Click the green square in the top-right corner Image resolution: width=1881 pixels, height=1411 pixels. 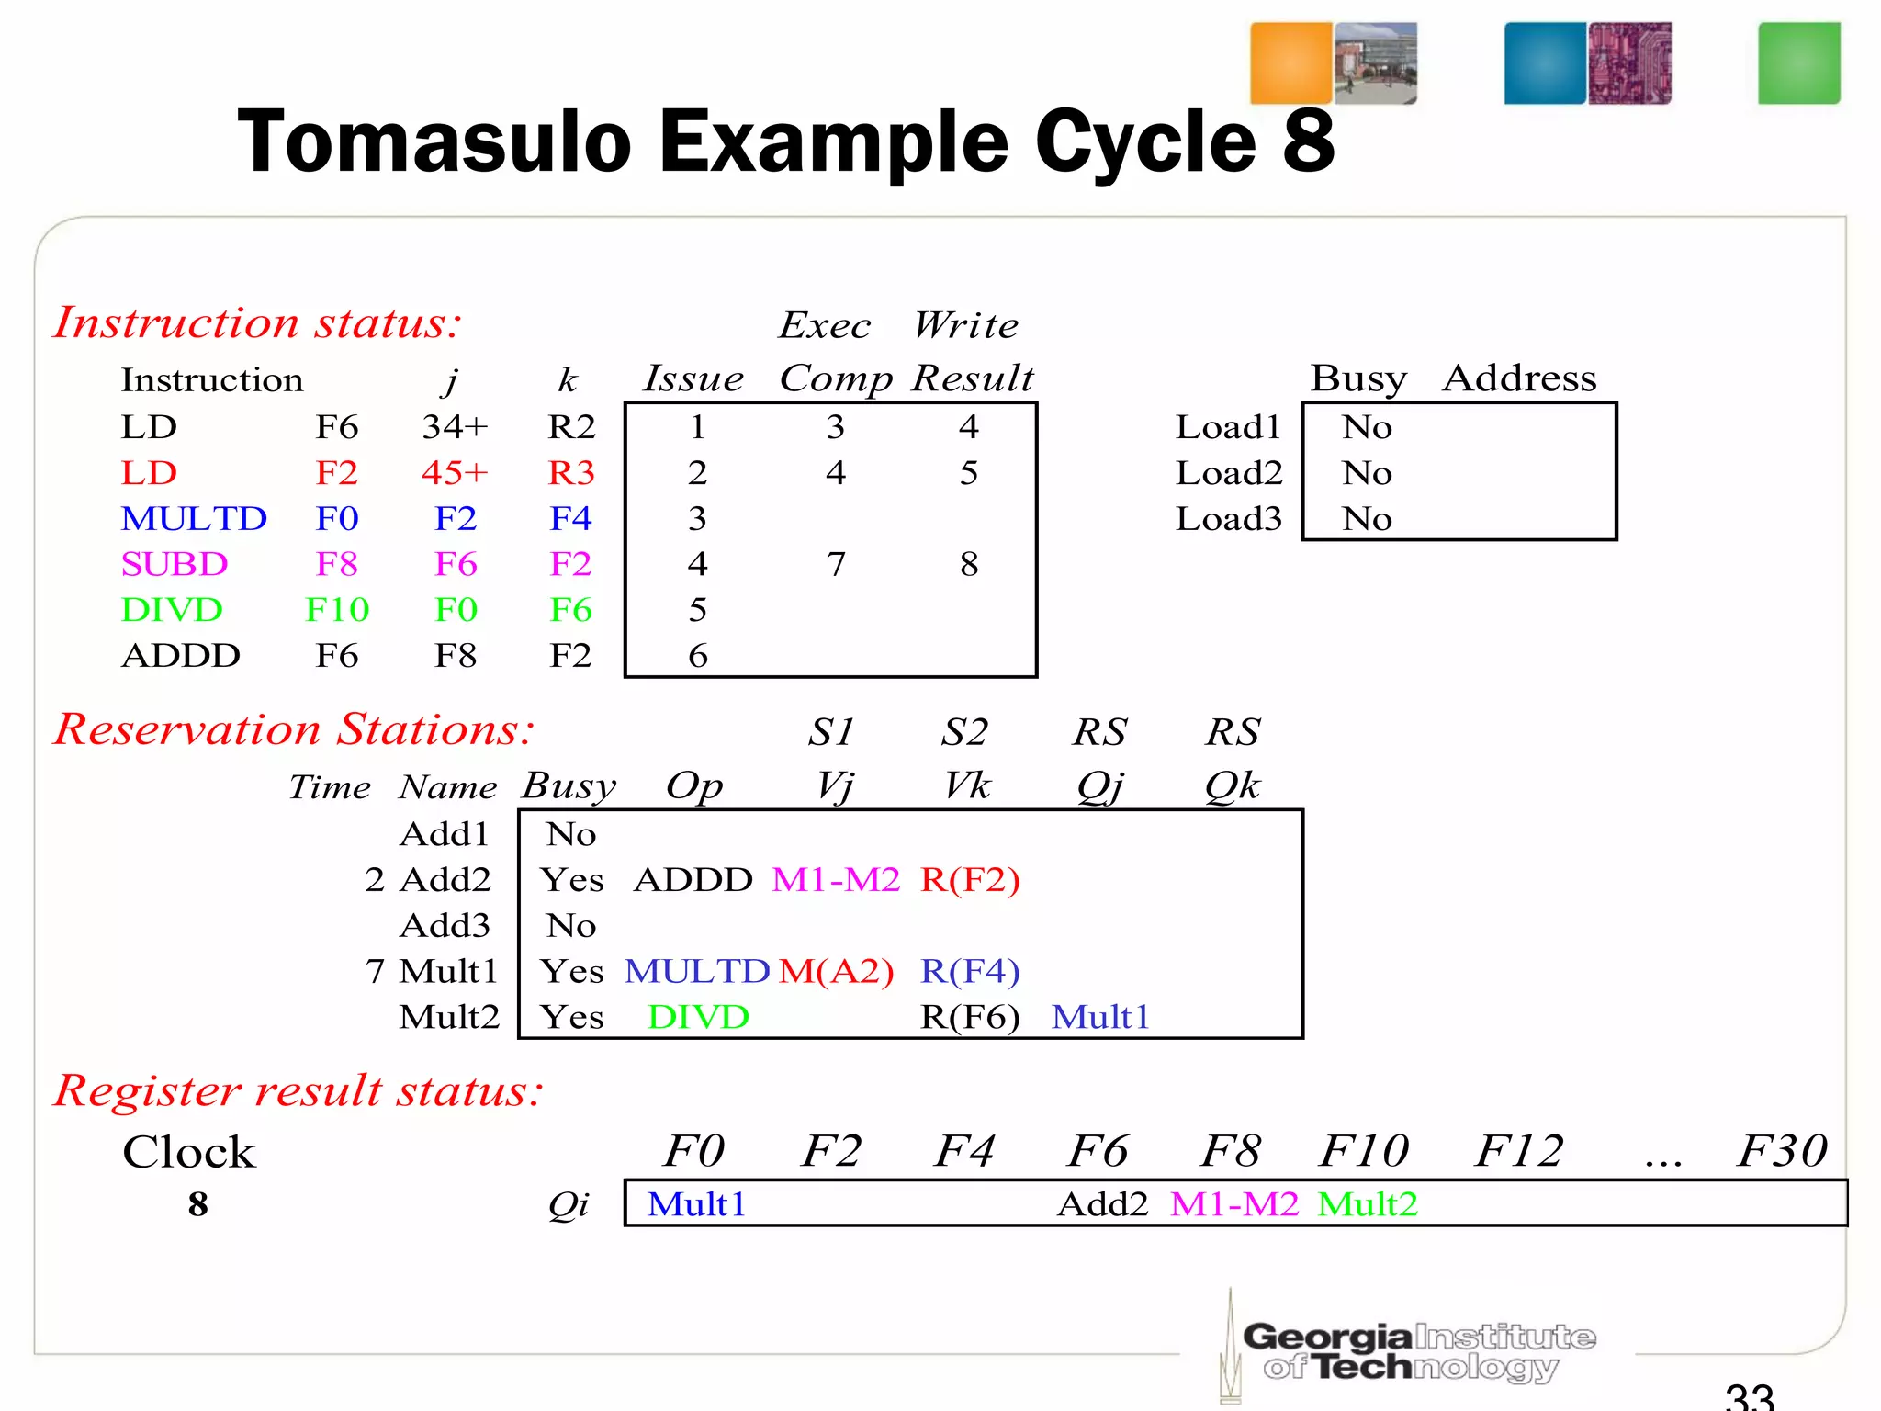(x=1798, y=63)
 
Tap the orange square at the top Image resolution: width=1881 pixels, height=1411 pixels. (x=1290, y=63)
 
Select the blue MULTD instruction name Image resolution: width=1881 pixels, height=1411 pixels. (x=194, y=519)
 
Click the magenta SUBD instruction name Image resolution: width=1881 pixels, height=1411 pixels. (x=175, y=564)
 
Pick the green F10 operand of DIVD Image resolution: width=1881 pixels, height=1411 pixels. (x=337, y=610)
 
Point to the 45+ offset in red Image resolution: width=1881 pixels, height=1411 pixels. (x=455, y=473)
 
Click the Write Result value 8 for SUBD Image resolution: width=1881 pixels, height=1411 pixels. (x=969, y=564)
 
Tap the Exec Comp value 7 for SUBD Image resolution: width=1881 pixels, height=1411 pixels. (x=835, y=564)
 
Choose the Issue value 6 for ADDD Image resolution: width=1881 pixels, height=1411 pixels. (x=698, y=656)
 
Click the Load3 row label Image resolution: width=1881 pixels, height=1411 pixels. (x=1229, y=519)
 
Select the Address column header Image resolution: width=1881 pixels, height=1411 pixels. (x=1519, y=378)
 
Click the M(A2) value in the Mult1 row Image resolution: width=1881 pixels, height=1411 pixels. (x=836, y=971)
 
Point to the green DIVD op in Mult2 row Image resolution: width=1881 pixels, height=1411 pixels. (x=698, y=1017)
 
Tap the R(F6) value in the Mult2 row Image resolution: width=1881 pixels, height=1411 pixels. (x=970, y=1017)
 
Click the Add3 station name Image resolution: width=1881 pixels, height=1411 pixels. (x=445, y=925)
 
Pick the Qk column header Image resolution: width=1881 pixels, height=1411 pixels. (x=1233, y=785)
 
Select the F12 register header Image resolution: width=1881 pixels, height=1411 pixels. (x=1519, y=1151)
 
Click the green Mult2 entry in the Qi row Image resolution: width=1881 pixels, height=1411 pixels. (x=1368, y=1203)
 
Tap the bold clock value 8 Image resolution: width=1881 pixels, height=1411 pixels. (x=197, y=1204)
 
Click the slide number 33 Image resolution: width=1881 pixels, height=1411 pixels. (x=1749, y=1396)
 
